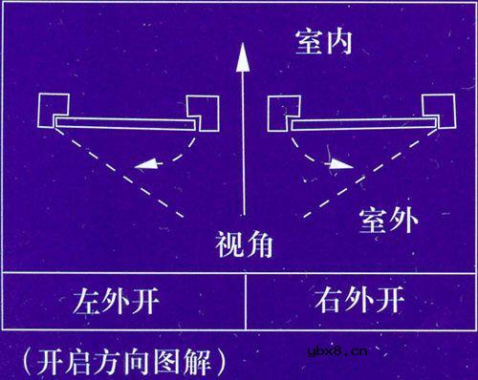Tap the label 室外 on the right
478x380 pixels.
click(x=388, y=221)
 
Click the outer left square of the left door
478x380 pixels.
click(x=54, y=112)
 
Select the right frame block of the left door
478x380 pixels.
click(x=203, y=112)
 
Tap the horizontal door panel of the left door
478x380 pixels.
click(x=124, y=124)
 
